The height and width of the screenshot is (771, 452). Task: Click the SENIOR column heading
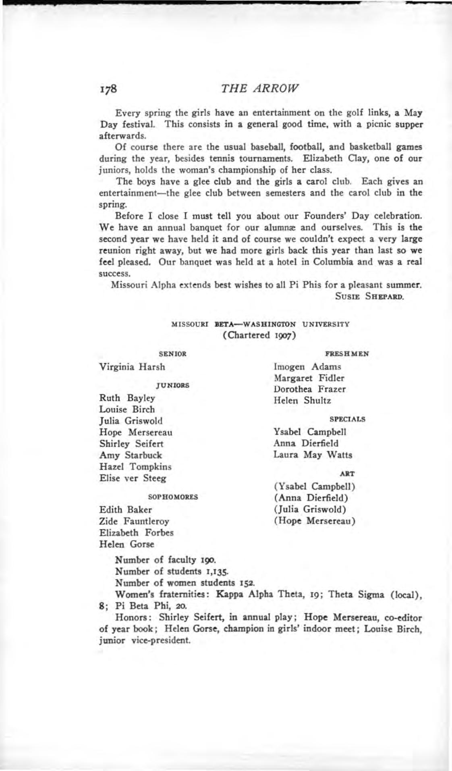click(173, 354)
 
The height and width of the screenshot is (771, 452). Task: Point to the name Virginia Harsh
click(132, 367)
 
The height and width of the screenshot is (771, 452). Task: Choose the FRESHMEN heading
click(347, 354)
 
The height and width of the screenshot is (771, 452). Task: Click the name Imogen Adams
click(307, 367)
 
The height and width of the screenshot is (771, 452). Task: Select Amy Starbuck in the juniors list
click(131, 455)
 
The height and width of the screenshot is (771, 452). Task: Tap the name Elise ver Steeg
click(133, 478)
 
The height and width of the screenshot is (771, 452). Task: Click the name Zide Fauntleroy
click(134, 521)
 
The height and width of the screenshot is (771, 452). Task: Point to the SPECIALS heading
click(347, 419)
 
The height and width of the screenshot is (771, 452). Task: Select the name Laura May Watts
click(313, 455)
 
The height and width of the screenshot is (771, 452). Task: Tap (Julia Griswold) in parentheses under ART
click(310, 510)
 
